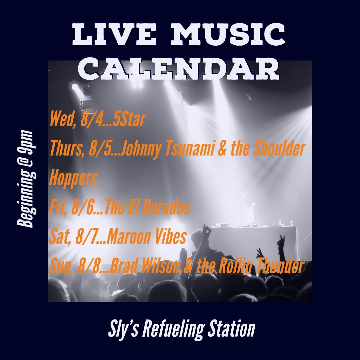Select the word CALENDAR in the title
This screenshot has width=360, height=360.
pyautogui.click(x=179, y=68)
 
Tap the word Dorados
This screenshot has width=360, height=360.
pyautogui.click(x=166, y=207)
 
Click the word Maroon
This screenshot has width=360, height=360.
pyautogui.click(x=128, y=237)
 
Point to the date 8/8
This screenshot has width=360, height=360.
pyautogui.click(x=87, y=266)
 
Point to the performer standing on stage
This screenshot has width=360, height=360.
pyautogui.click(x=250, y=208)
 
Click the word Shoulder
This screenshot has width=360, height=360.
pyautogui.click(x=279, y=149)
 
